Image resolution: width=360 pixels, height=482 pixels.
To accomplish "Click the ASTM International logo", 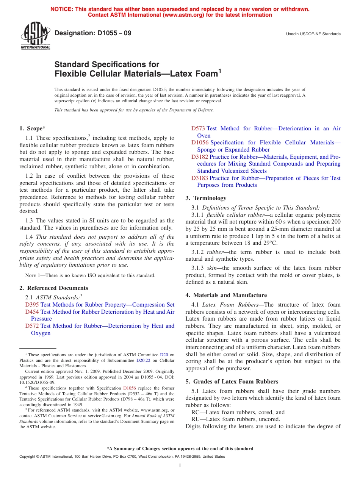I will point(35,37).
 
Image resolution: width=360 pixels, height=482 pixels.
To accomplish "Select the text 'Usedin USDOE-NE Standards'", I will point(313,34).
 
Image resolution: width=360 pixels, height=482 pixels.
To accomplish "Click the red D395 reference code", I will point(32,305).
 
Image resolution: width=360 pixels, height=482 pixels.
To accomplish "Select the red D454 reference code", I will point(32,312).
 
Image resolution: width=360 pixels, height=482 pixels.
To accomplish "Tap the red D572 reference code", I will point(32,326).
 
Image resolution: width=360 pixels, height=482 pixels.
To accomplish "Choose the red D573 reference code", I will point(198,128).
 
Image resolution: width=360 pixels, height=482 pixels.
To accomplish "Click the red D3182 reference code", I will point(199,157).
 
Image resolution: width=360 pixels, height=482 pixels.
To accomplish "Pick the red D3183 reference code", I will point(199,178).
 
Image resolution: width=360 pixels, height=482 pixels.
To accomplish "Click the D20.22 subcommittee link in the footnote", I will point(142,360).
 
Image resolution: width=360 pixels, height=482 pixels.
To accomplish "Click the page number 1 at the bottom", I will point(180,465).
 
